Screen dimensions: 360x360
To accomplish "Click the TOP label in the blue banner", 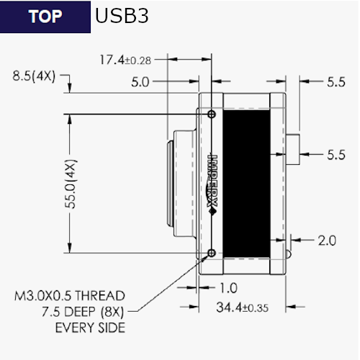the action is pos(45,17).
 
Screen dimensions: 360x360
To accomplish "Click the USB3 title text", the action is pos(122,16).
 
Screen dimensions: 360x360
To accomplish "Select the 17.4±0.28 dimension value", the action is pos(125,60).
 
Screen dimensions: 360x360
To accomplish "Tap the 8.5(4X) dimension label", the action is pos(34,76).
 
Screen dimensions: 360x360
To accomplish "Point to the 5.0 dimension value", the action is pos(140,82).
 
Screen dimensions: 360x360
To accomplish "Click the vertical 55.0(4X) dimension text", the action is pos(71,184).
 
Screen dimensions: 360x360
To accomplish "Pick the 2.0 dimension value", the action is pos(327,240).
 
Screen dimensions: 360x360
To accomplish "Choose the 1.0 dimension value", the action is pos(228,288).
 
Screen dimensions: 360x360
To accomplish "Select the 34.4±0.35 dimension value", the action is pos(242,307).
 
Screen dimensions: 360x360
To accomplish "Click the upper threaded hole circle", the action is pos(212,114).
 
